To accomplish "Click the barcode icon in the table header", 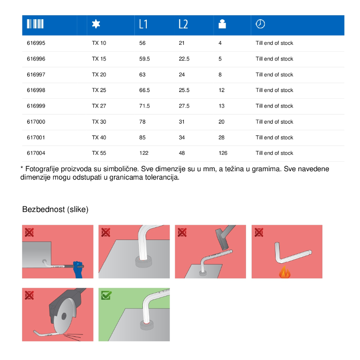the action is (x=35, y=24).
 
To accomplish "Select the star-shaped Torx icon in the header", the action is (x=96, y=24).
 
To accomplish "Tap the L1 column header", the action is (x=143, y=24).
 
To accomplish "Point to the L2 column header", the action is (x=183, y=24).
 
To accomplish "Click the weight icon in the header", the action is (x=222, y=24).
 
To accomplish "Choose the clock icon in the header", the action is (x=260, y=24).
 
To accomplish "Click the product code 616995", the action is (x=36, y=43).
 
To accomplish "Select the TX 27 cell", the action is (x=99, y=106).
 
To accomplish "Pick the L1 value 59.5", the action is (x=144, y=59).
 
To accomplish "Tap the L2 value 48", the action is (x=182, y=153).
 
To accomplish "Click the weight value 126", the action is (x=223, y=153).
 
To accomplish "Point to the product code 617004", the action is (x=36, y=153).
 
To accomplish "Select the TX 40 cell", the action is (x=99, y=138).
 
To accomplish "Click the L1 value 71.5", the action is (x=144, y=106).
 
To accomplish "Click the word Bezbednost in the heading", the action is (x=44, y=209).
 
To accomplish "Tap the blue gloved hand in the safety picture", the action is (x=78, y=270).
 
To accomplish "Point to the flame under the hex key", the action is (x=285, y=272).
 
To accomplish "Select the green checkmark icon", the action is (x=106, y=295).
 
